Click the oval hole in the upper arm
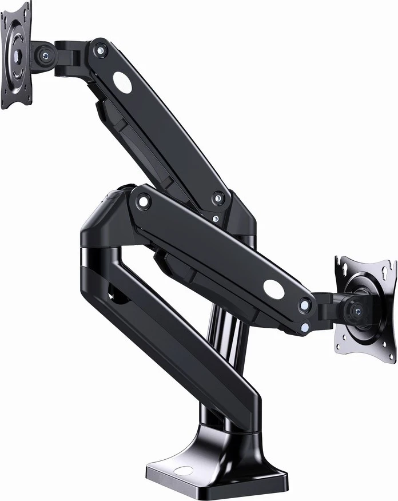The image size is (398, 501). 122,82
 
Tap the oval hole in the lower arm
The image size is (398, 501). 274,289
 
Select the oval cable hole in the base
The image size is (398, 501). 183,472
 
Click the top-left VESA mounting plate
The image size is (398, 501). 15,55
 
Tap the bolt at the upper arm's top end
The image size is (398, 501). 101,51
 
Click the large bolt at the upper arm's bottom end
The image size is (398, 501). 218,199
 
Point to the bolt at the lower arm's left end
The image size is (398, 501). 143,201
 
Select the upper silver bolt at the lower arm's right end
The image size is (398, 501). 305,305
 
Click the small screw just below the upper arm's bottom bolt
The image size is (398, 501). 215,218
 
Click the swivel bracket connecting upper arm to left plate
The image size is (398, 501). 69,57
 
